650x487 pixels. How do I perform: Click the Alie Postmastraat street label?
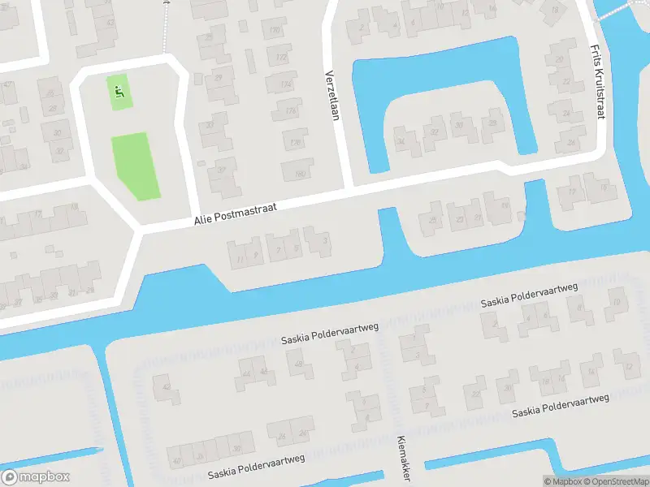[x=235, y=213]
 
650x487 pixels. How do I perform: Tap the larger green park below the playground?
[x=136, y=166]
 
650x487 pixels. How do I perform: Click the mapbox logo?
[x=37, y=477]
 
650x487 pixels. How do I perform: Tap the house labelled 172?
[x=281, y=58]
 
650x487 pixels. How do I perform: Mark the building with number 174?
[x=285, y=84]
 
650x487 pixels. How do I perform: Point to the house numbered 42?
[x=167, y=389]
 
